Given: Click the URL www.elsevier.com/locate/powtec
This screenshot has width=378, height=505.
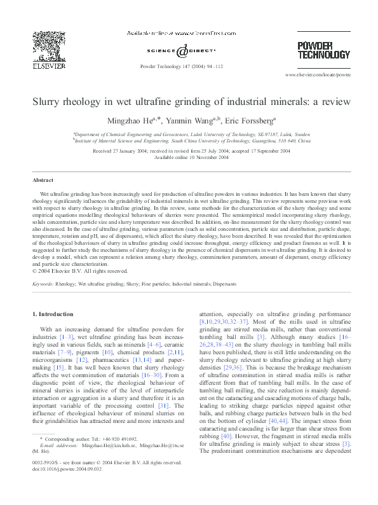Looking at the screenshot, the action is click(322, 75).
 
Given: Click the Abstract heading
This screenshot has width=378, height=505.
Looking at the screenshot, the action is click(43, 181).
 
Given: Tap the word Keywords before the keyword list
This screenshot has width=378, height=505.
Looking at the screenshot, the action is click(43, 284).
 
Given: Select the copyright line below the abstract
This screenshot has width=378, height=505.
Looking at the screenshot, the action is click(80, 270).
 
